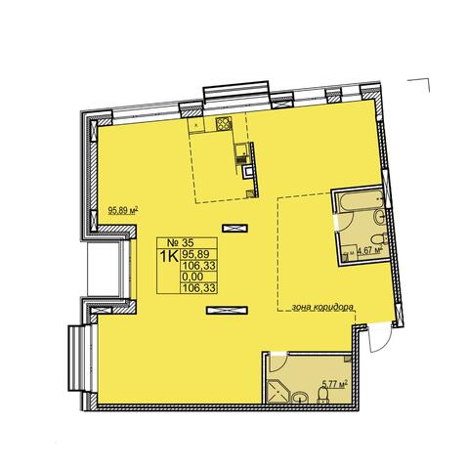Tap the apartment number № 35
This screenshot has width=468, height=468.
tap(180, 242)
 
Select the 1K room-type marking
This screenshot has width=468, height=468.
tap(168, 256)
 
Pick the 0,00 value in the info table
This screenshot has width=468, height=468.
tap(193, 277)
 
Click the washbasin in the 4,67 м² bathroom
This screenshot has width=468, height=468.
tap(380, 218)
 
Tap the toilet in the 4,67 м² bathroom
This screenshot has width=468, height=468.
tap(380, 240)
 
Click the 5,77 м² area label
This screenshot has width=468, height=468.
tap(334, 385)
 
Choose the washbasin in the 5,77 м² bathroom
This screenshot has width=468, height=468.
tap(300, 398)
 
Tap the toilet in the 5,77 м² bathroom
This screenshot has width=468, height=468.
tap(322, 397)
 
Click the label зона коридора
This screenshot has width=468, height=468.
tap(322, 307)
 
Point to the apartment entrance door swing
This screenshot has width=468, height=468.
tap(379, 338)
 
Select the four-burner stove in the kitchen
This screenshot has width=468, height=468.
tap(224, 123)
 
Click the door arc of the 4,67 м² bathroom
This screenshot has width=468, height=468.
tap(346, 222)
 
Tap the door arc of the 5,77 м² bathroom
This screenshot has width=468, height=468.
tap(278, 362)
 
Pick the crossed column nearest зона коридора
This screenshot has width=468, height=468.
tap(227, 311)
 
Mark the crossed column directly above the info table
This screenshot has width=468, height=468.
tap(234, 229)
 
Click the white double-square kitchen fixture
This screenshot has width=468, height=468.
tap(248, 171)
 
